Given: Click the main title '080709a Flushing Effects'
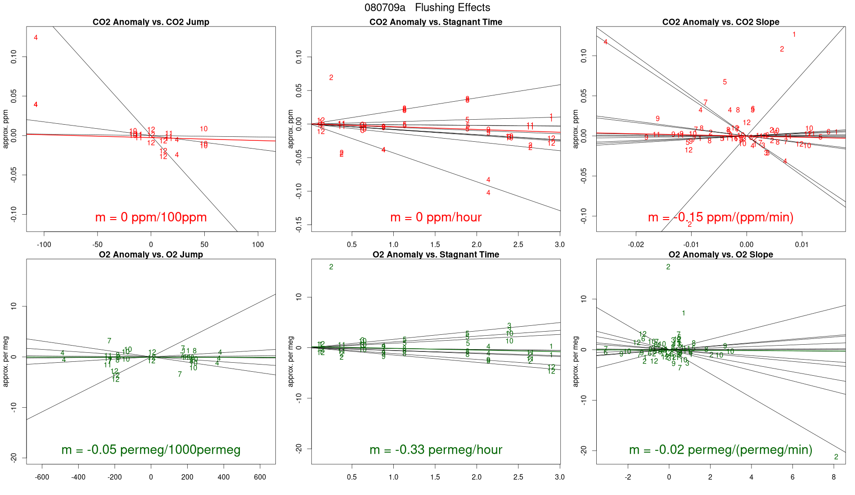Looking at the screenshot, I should (x=427, y=8).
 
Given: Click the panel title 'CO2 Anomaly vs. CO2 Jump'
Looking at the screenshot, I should (x=151, y=22).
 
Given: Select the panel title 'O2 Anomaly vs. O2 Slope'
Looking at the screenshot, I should (x=720, y=255).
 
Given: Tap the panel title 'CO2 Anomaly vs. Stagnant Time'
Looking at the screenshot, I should (x=436, y=22).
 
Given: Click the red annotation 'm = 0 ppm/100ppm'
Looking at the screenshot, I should (x=151, y=217).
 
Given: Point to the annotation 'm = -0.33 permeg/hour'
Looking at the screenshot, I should (x=436, y=450).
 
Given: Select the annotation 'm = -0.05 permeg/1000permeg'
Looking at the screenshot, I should (x=151, y=450).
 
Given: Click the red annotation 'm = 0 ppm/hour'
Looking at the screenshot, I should (x=436, y=217).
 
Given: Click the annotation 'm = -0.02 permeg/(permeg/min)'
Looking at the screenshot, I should (x=720, y=450).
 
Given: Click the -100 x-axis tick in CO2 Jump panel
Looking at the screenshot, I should (x=44, y=245).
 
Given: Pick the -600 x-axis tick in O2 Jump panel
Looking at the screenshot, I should (x=42, y=477).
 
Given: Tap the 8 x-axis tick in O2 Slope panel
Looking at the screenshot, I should (x=834, y=477).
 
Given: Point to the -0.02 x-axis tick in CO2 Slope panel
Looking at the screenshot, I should (x=636, y=245).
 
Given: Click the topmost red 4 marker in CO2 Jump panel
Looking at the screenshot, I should (x=36, y=38).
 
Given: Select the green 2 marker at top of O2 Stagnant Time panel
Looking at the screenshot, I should (x=331, y=267).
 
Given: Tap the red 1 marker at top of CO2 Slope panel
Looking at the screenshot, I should (x=794, y=35).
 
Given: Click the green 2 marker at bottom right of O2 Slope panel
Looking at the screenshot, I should (x=836, y=457).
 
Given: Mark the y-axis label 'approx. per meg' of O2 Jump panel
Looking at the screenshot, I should (x=6, y=361).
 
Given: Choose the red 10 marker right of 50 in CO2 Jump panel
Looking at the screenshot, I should (x=204, y=129).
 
